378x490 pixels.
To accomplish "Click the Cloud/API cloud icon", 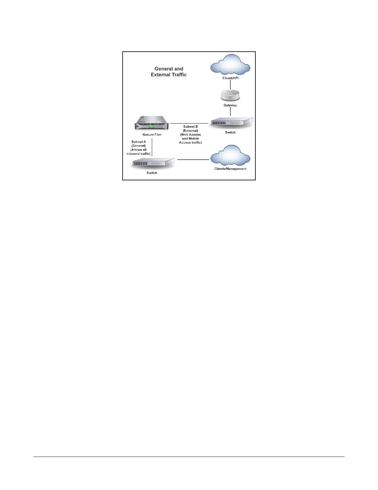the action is pyautogui.click(x=230, y=64).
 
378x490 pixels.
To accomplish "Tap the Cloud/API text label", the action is pyautogui.click(x=230, y=78).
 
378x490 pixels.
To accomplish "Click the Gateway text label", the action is pyautogui.click(x=230, y=105).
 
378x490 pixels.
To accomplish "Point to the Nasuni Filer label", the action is pyautogui.click(x=152, y=135).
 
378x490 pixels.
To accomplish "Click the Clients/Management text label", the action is pyautogui.click(x=230, y=169).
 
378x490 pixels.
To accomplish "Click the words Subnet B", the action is pyautogui.click(x=191, y=127).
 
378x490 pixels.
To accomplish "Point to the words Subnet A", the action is pyautogui.click(x=139, y=142).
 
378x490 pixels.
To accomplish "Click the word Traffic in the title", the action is pyautogui.click(x=177, y=75).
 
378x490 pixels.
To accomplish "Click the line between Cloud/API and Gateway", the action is pyautogui.click(x=230, y=84).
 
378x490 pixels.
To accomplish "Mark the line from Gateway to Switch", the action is pyautogui.click(x=230, y=111).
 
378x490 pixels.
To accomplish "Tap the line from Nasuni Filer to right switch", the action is pyautogui.click(x=189, y=123).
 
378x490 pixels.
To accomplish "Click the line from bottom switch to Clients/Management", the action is pyautogui.click(x=193, y=160).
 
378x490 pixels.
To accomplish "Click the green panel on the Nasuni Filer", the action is pyautogui.click(x=151, y=127).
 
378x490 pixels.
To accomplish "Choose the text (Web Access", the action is pyautogui.click(x=191, y=135).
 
